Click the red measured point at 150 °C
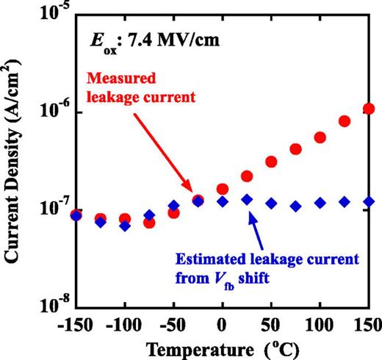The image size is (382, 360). point(369,109)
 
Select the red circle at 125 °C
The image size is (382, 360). point(345,121)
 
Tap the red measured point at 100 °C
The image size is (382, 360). point(320,137)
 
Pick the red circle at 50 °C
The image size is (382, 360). point(271,162)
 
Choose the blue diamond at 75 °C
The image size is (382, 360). point(296,206)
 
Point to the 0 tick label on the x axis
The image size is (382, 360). point(222,323)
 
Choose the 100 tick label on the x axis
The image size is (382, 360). point(320,323)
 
